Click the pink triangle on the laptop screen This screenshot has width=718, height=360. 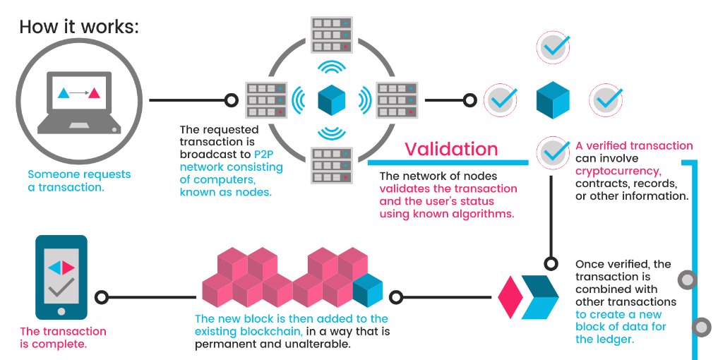(x=93, y=92)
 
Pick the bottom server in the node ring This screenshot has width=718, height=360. (x=332, y=164)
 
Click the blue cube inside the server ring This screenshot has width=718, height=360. (x=332, y=100)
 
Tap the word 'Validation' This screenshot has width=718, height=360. (x=451, y=149)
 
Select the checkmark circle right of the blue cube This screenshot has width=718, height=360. (x=606, y=100)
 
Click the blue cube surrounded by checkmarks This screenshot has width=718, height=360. (x=554, y=100)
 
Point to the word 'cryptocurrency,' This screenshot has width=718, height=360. (x=618, y=171)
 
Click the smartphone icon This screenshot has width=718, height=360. (x=61, y=277)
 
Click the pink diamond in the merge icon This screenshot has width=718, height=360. (x=510, y=297)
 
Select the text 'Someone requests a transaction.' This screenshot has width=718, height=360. (x=79, y=180)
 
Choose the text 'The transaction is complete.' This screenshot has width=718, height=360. (x=63, y=337)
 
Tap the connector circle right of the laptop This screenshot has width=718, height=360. (x=230, y=100)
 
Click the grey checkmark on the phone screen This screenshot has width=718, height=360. (x=61, y=288)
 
